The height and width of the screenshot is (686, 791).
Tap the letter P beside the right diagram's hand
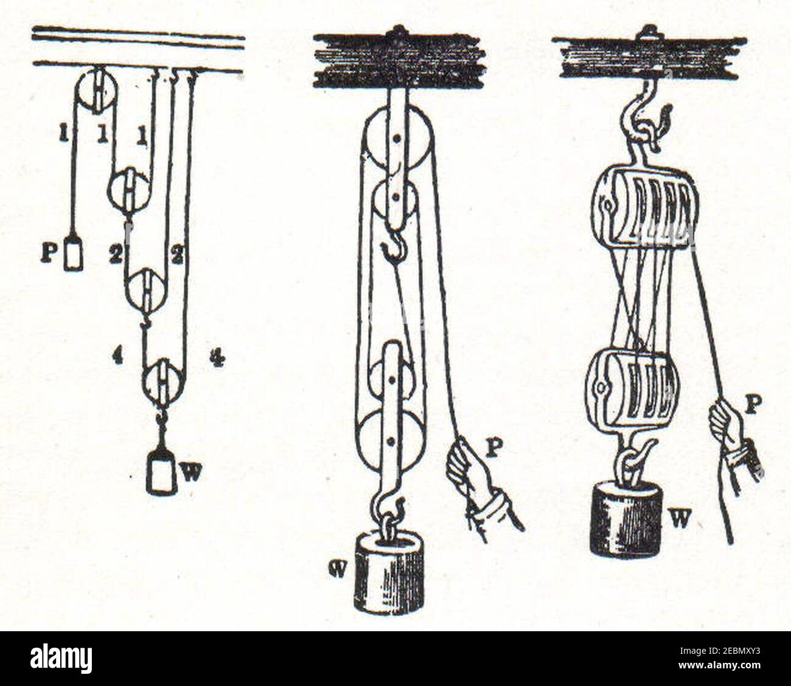(752, 405)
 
